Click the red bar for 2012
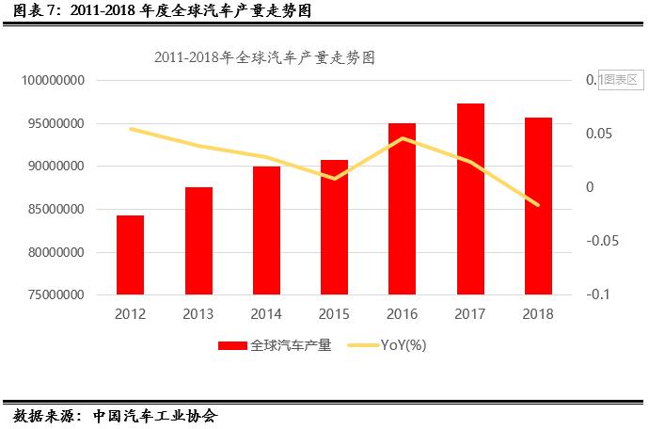130,255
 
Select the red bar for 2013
198,241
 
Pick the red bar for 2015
334,228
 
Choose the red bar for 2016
402,209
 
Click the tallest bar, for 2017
470,199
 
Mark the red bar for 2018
538,206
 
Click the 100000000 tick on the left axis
53,81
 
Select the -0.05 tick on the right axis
603,242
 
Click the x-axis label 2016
402,314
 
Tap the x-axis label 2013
198,314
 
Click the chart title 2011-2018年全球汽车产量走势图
264,57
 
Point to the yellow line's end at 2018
538,205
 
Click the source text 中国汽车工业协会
155,415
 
